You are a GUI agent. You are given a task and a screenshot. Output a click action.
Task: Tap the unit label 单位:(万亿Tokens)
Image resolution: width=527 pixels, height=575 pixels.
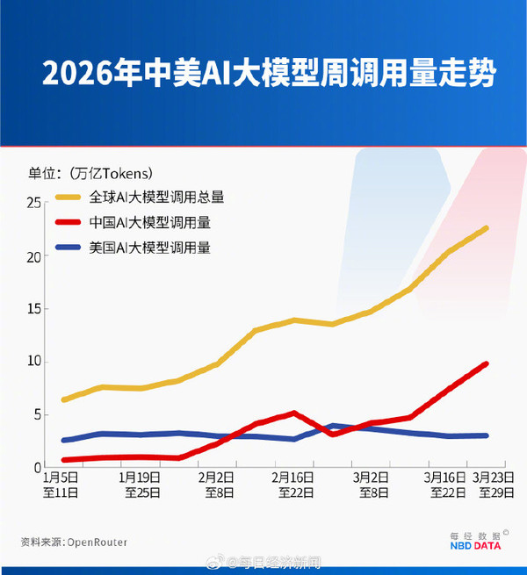[x=90, y=172]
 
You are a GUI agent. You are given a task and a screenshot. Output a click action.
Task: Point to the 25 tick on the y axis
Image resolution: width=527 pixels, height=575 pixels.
[x=34, y=203]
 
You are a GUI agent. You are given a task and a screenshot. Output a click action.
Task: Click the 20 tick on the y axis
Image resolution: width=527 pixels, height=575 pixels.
[x=34, y=256]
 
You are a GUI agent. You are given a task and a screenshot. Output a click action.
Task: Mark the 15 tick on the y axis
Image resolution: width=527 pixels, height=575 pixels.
[x=34, y=309]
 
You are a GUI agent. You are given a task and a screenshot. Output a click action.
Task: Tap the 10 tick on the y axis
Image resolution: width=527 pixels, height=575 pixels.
[x=34, y=361]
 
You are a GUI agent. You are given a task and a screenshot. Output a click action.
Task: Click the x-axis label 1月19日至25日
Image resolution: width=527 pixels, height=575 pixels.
[x=140, y=485]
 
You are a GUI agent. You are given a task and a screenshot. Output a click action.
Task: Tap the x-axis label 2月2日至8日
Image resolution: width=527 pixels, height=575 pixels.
[x=216, y=485]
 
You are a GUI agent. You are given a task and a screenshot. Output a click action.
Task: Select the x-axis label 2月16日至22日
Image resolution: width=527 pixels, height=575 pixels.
[x=292, y=485]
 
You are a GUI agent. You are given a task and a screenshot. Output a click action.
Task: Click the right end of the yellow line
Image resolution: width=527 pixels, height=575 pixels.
[x=486, y=228]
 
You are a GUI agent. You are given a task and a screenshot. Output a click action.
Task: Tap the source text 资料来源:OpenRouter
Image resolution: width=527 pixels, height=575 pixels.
[x=75, y=542]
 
